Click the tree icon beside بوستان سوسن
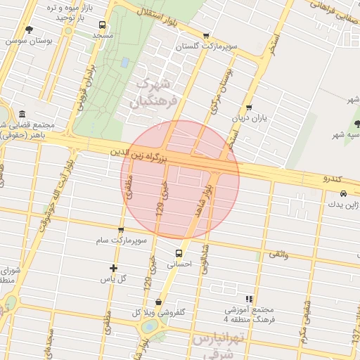coord(29,30)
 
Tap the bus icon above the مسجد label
coord(103,24)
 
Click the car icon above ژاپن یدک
coord(342,193)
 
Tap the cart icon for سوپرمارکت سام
coord(121,230)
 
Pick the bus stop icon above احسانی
coord(179,253)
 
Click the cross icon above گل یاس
coord(114,268)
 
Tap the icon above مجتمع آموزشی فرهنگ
coord(249,299)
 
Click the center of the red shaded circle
coord(180,180)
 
